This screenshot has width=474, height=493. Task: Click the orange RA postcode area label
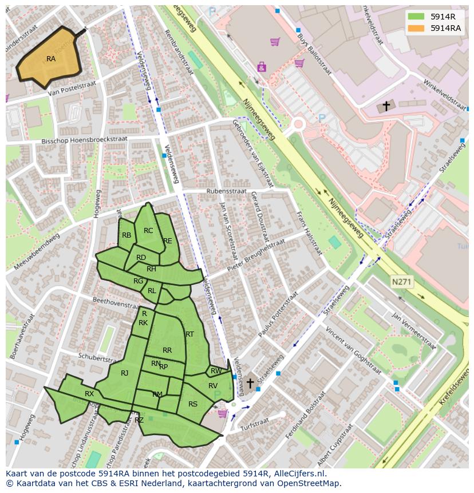(51, 58)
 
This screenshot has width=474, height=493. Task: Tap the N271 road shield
(401, 282)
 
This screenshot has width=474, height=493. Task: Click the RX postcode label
(89, 394)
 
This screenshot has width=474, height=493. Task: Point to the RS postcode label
(193, 404)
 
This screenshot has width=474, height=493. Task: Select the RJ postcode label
(125, 373)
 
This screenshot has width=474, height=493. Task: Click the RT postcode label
(189, 334)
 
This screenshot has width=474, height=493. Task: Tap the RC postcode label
(148, 231)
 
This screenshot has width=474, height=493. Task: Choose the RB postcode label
(127, 235)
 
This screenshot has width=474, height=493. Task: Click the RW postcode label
(216, 371)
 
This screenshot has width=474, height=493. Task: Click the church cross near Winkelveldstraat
(386, 106)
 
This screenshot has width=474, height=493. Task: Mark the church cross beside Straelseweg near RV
(250, 382)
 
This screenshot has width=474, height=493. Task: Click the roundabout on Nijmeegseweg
(298, 124)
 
